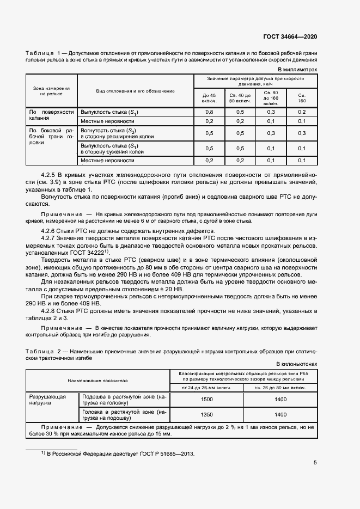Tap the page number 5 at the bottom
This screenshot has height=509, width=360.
[x=315, y=463]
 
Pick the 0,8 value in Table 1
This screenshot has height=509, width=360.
[x=209, y=112]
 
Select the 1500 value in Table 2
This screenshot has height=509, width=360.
[x=206, y=400]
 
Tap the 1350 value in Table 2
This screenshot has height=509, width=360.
[x=206, y=414]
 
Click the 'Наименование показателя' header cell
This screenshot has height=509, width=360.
[x=97, y=381]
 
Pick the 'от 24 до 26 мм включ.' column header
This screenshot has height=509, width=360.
[x=206, y=388]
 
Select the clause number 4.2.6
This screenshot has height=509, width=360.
[x=57, y=231]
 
